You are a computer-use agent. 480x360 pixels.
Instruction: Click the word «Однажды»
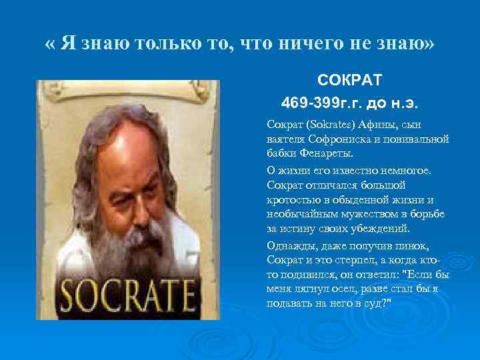coord(289,244)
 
